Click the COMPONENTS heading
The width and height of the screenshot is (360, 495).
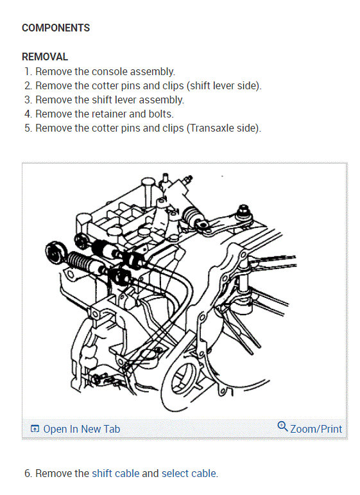coord(56,28)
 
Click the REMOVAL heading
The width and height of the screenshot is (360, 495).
coord(45,57)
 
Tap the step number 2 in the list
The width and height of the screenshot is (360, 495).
coord(28,86)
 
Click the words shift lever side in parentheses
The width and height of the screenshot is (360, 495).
coord(224,86)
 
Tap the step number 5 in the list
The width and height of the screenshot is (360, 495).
coord(28,128)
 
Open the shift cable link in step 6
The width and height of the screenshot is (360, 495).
coord(116,474)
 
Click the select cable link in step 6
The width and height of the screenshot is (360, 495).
coord(189,474)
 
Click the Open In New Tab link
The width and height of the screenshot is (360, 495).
coord(81,429)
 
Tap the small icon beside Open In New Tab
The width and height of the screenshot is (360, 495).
coord(35,429)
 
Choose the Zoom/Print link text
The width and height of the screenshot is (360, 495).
coord(316,429)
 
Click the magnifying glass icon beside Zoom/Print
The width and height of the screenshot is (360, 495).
coord(282,426)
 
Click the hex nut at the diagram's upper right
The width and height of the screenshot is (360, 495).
coord(243,210)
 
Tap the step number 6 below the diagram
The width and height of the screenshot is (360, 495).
coord(28,474)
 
